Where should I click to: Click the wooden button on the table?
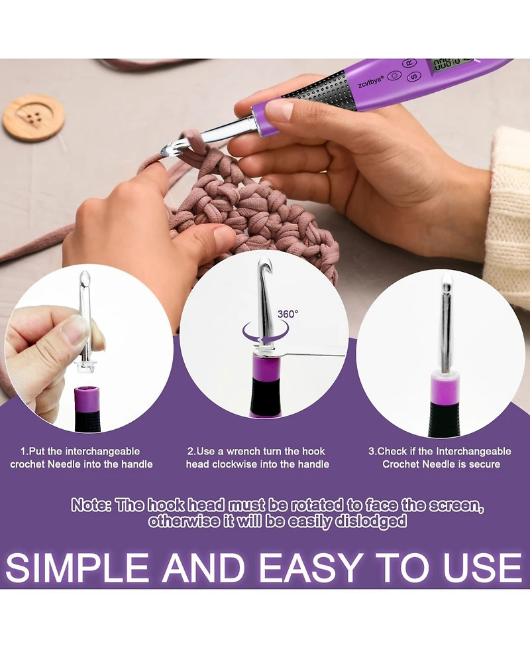pos(34,118)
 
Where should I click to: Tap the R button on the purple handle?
pos(410,63)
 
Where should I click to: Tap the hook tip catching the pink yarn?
pos(166,150)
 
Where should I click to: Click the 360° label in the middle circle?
pos(288,314)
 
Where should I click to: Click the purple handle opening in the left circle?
pos(87,391)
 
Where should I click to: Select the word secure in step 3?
pos(484,464)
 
